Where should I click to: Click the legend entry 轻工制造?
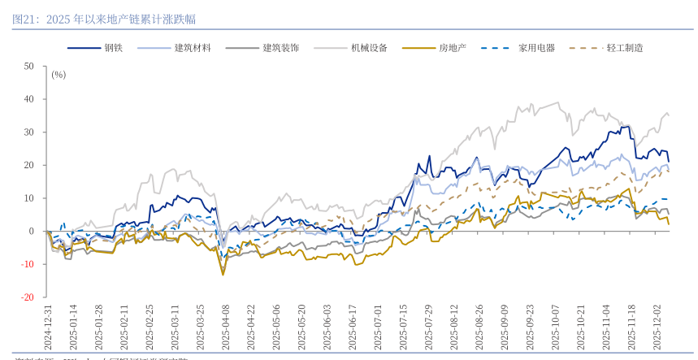625,48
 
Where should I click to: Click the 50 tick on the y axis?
29,66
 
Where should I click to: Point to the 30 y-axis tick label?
29,132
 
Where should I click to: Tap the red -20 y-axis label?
28,297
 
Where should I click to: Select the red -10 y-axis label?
28,264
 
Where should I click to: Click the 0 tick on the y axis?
32,232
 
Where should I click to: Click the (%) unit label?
59,75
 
